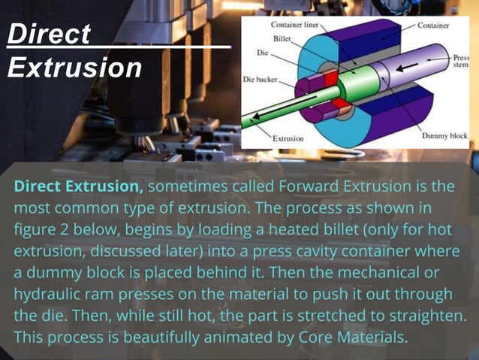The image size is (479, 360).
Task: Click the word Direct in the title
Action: (48, 35)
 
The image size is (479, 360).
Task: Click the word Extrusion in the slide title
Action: (74, 68)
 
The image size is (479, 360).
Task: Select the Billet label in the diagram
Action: (282, 38)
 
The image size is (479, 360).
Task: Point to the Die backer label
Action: (261, 78)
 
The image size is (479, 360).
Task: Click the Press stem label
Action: (459, 61)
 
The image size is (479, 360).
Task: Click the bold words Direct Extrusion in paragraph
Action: (78, 186)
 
